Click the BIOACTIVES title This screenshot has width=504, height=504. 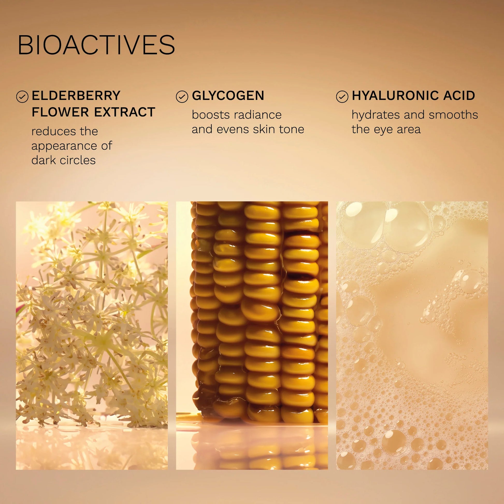pos(96,45)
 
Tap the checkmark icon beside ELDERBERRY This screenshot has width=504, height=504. pos(22,97)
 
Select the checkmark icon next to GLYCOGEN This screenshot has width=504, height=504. pos(182,97)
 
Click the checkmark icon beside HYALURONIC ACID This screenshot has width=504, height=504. pos(342,97)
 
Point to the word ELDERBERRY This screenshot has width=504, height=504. pos(76,96)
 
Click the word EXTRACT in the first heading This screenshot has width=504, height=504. pos(124,112)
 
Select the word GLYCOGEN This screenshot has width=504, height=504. pos(228,96)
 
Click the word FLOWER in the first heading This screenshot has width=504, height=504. pos(61,112)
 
